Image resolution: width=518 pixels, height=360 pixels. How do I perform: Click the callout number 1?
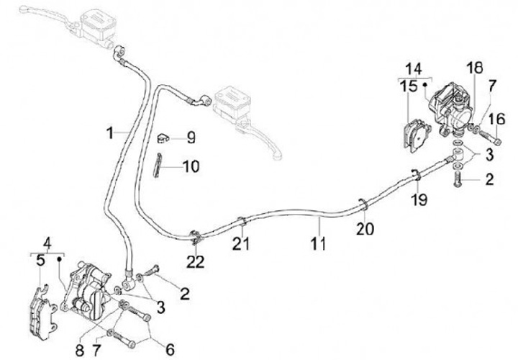coord(110,133)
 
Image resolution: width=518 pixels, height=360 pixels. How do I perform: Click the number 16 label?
coord(497,119)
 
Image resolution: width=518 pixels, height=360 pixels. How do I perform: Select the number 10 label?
coord(190,167)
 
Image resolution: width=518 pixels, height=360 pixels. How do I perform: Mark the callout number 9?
coord(190,135)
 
